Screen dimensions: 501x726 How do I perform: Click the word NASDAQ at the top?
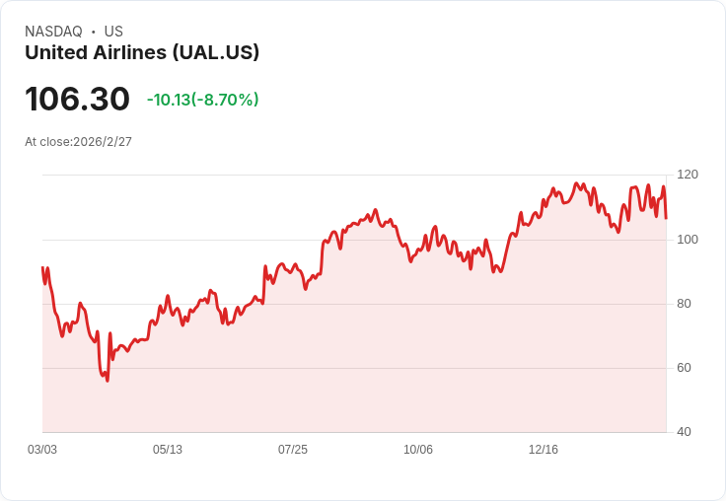tap(53, 32)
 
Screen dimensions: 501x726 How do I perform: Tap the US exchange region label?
tap(113, 32)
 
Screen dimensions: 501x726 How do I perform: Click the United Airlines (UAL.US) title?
tap(142, 52)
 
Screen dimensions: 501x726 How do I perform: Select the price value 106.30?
tap(77, 99)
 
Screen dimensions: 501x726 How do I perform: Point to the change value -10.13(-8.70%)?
tap(202, 100)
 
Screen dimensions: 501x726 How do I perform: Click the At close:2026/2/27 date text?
tap(78, 141)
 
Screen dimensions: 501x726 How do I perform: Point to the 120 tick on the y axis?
tap(688, 175)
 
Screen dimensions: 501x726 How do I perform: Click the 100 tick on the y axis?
tap(688, 240)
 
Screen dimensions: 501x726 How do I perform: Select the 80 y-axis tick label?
tap(684, 304)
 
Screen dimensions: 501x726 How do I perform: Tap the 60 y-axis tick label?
tap(684, 368)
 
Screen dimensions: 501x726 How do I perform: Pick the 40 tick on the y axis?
tap(684, 432)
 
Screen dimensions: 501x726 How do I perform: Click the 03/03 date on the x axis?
tap(42, 450)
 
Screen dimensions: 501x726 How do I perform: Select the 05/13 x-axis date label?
tap(168, 450)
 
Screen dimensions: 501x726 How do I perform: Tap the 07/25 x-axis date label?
tap(293, 450)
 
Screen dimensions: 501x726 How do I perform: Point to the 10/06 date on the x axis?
tap(418, 450)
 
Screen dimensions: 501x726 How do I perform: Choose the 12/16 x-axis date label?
tap(544, 450)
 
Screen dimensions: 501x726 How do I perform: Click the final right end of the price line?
tap(666, 218)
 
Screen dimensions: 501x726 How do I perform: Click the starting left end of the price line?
tap(42, 267)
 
